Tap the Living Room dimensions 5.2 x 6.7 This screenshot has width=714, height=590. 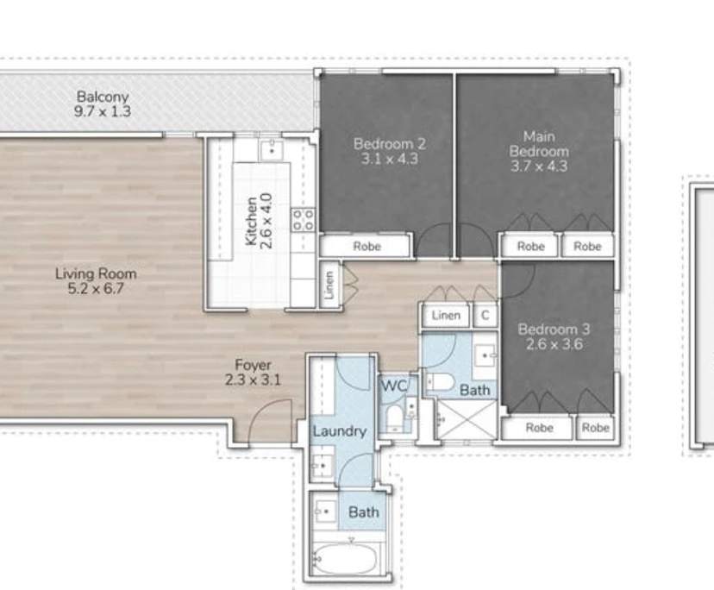(x=96, y=289)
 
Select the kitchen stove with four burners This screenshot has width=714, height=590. (x=303, y=219)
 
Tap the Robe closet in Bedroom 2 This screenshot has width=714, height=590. (x=366, y=247)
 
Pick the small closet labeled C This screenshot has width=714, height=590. (x=485, y=316)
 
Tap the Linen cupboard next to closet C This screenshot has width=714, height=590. (x=446, y=316)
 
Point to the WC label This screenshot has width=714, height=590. (x=395, y=385)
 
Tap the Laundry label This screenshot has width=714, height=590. (x=340, y=430)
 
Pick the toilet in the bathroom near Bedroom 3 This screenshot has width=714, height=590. (x=442, y=382)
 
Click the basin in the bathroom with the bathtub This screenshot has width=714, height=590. (x=326, y=512)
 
